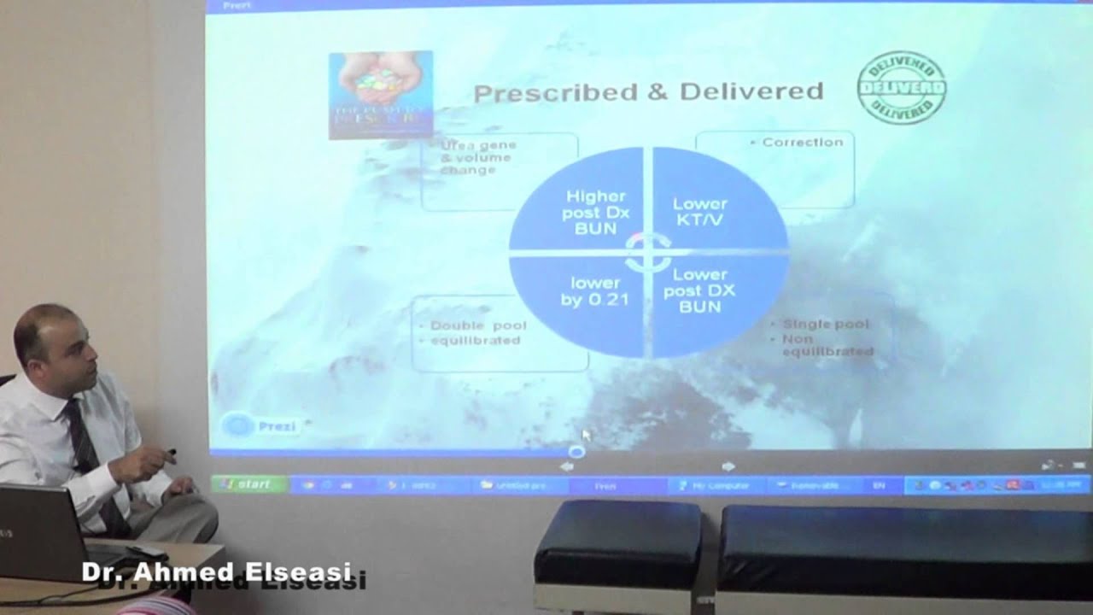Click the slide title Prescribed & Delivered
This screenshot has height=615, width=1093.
648,91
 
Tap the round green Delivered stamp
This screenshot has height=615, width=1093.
901,87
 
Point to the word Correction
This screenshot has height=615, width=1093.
802,143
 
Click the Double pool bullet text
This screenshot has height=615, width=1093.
478,325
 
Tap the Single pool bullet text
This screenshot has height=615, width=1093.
826,325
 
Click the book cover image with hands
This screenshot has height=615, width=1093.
381,94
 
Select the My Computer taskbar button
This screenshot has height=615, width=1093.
715,485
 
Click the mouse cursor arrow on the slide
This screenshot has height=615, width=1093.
586,434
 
